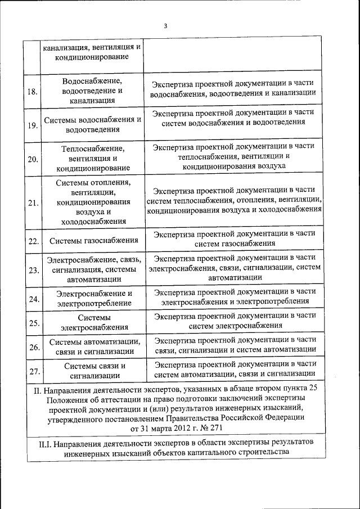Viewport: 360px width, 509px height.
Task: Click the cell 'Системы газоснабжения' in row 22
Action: point(93,241)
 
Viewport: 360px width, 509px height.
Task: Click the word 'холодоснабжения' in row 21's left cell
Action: point(93,222)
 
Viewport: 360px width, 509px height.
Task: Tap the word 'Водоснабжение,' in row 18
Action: point(93,81)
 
